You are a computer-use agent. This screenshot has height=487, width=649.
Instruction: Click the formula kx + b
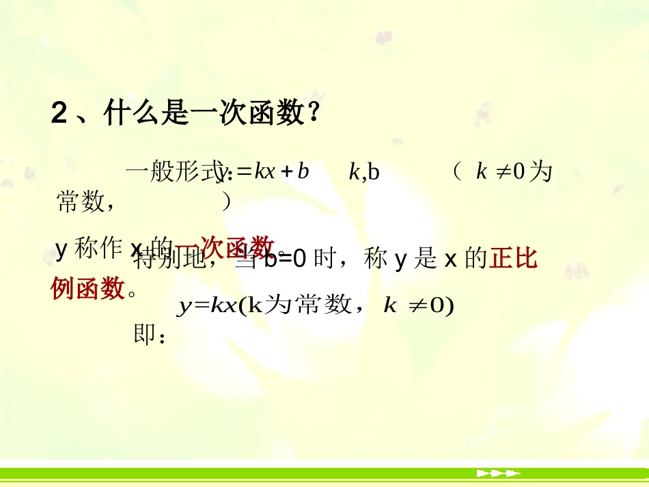pos(281,171)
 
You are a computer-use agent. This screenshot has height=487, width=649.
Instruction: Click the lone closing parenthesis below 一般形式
pos(227,201)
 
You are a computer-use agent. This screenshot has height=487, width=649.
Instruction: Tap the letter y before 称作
pos(61,249)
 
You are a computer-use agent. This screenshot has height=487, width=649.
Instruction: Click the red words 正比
pos(513,260)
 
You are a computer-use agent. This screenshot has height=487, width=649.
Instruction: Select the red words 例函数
pos(88,288)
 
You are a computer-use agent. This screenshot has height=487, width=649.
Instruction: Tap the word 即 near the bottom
pos(144,335)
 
